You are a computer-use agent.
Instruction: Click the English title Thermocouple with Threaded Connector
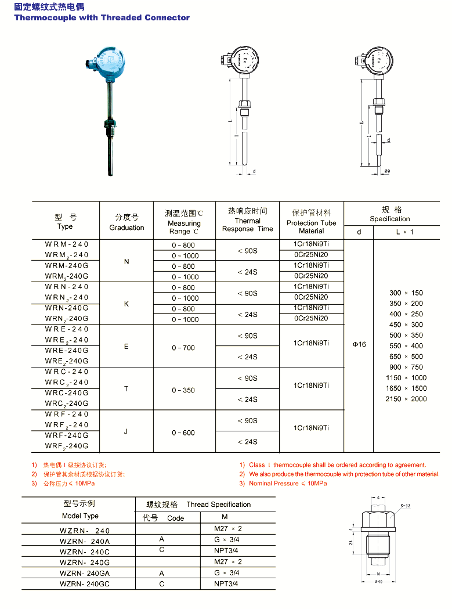[x=102, y=17]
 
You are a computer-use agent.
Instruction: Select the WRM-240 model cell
[x=67, y=244]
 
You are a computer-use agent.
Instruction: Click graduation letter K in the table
[x=126, y=304]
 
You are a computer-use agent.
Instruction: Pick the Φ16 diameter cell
[x=359, y=344]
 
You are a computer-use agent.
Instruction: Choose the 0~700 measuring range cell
[x=183, y=348]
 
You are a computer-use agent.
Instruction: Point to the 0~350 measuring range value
[x=183, y=390]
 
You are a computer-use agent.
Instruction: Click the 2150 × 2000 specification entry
[x=406, y=399]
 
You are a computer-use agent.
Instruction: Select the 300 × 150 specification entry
[x=406, y=293]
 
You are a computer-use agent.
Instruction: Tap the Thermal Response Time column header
[x=247, y=220]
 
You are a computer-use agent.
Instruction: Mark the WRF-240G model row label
[x=67, y=435]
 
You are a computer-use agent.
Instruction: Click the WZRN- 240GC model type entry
[x=85, y=583]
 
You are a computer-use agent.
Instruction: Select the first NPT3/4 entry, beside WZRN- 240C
[x=226, y=550]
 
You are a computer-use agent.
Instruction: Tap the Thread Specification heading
[x=218, y=505]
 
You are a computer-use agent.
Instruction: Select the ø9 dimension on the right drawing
[x=387, y=171]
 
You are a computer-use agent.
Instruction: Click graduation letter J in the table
[x=126, y=431]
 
